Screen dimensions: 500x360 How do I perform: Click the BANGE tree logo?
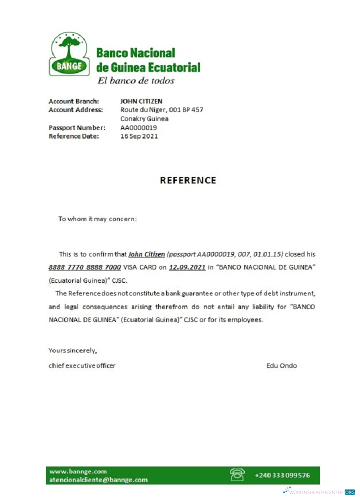point(69,54)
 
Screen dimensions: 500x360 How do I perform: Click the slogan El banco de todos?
point(135,80)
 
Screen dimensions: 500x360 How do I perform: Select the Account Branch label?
point(73,101)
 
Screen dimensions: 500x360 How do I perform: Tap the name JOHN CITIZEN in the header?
point(141,101)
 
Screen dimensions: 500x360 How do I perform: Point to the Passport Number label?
point(76,127)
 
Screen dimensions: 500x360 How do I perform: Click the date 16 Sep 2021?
point(139,136)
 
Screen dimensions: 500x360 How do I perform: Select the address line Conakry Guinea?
point(144,118)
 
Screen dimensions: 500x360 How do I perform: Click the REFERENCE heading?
point(188,180)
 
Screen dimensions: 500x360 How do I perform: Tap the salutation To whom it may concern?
point(97,219)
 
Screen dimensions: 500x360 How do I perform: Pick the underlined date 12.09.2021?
point(187,267)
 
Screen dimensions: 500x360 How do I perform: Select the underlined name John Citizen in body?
point(146,254)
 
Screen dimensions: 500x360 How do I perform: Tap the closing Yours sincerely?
point(72,350)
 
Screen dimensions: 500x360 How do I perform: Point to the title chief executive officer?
point(82,365)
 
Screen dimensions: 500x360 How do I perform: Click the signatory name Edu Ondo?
point(281,365)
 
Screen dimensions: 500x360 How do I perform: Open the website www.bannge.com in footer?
point(78,471)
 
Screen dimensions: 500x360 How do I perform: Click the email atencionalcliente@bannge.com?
point(98,479)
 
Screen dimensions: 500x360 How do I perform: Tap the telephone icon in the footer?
point(236,474)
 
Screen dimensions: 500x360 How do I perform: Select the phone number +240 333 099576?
point(282,475)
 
